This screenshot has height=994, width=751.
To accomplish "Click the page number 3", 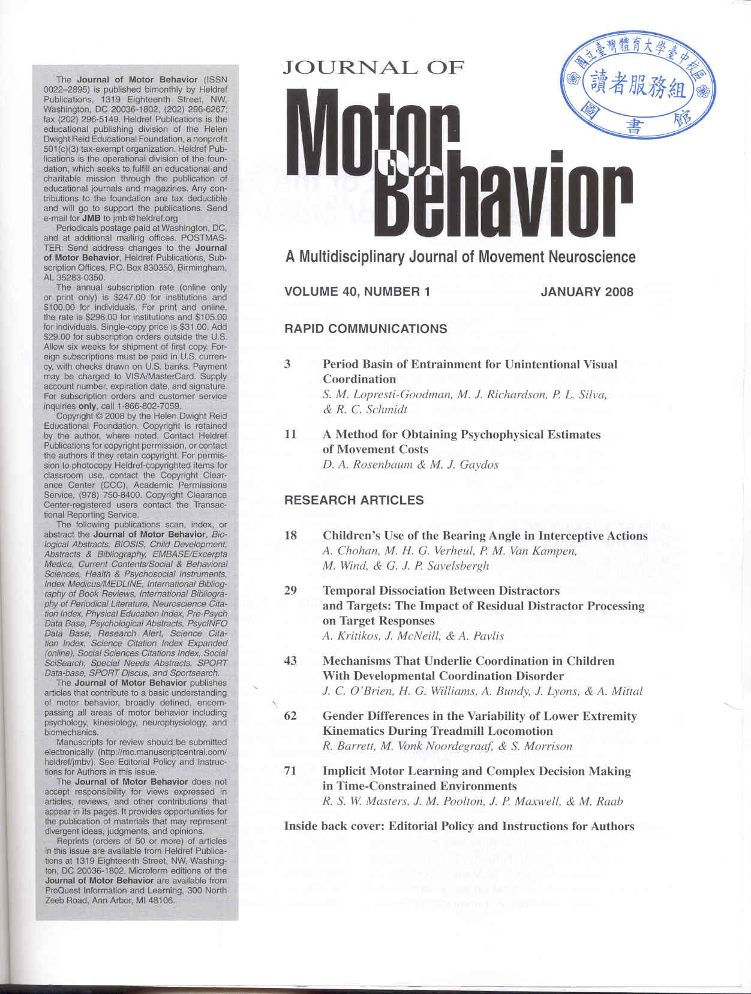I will point(288,364).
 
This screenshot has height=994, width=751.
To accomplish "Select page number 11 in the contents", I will point(290,434).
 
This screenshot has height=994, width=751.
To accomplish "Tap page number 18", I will point(290,536).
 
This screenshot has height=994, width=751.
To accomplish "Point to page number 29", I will point(290,590).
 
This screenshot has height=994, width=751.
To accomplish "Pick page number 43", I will point(290,661).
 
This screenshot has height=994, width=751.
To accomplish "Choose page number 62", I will point(290,716).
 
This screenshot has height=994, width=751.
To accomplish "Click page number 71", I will point(290,771).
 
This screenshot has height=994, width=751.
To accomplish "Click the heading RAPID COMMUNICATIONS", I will point(365,329).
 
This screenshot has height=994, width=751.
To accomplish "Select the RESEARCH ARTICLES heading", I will point(354,500).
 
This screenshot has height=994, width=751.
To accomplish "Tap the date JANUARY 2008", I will point(587,292).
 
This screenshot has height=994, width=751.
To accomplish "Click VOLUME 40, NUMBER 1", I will point(358,292).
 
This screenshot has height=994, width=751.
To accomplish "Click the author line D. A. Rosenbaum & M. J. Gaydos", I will point(410,464).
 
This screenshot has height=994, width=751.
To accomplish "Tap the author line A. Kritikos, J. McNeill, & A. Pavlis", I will point(413,636).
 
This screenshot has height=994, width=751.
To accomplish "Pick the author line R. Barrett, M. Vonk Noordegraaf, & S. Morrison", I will point(447,746).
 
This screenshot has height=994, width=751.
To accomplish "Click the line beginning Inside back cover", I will point(459,827).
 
